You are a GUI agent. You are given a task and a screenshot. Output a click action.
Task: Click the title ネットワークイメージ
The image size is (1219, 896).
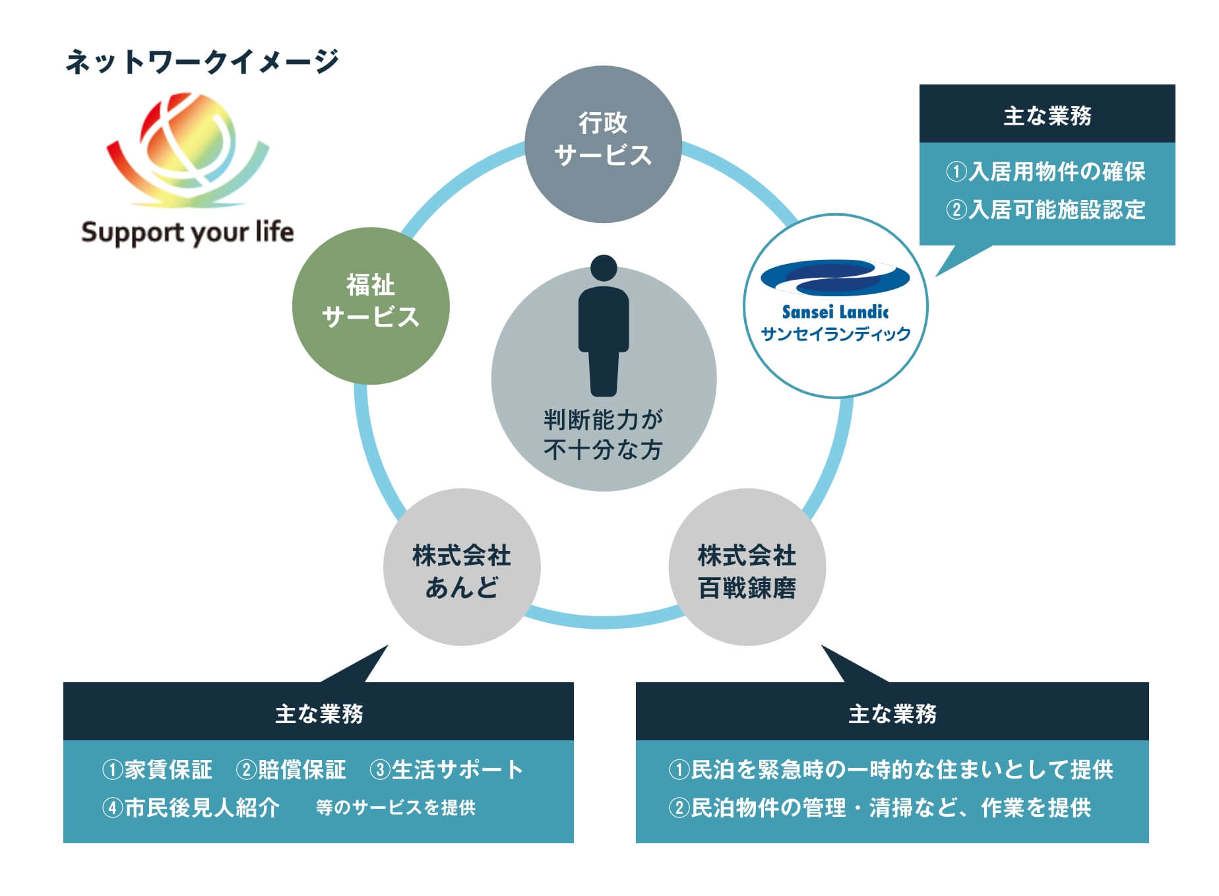pos(202,61)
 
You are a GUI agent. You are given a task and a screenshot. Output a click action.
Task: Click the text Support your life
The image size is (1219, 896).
pos(187,233)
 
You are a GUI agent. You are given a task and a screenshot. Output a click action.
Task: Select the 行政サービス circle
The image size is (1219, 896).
pos(603,144)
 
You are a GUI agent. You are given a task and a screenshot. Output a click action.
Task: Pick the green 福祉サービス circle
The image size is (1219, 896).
pos(371,305)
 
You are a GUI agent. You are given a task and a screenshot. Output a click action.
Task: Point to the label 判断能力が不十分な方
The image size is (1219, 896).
pos(604,434)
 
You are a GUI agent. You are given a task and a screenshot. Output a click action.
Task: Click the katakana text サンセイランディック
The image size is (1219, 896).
pos(836,334)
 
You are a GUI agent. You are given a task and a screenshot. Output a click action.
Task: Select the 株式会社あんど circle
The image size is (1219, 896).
pos(462,567)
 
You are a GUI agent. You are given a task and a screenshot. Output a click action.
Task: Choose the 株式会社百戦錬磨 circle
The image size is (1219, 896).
pos(747,567)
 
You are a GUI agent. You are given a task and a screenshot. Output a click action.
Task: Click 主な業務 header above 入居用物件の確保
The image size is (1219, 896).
pos(1047,115)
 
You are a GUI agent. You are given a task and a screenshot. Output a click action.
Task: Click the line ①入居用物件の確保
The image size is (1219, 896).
pos(1046,172)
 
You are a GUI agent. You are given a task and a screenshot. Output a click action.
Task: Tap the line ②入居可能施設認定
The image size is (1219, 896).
pos(1046,210)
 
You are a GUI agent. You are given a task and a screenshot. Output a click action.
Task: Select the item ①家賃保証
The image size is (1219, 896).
pos(157,769)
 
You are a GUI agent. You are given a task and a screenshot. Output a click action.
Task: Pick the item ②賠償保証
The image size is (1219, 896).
pos(291,769)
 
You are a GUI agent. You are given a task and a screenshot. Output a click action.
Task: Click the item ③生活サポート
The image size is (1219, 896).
pos(447,769)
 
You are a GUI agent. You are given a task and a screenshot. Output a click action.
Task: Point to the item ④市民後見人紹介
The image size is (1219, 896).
pos(191,808)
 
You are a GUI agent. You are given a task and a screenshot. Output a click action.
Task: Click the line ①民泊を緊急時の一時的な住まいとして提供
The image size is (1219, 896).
pos(891,769)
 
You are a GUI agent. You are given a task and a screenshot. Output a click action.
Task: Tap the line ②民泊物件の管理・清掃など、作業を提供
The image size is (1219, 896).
pos(880,808)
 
